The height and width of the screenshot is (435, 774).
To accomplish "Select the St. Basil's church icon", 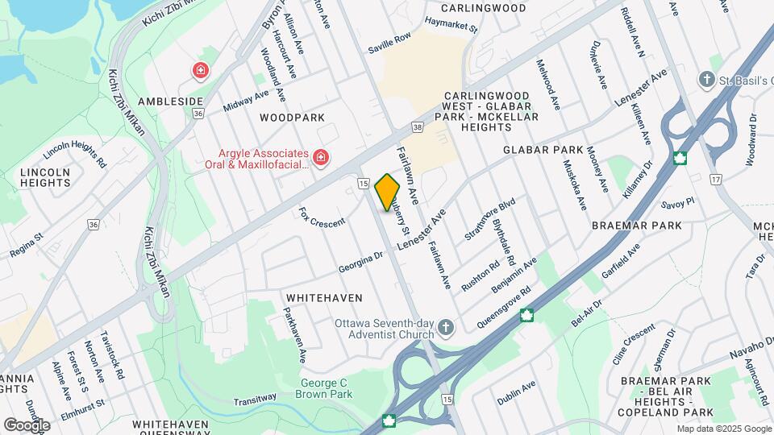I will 707,78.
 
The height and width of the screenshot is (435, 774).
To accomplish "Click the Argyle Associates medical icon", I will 321,156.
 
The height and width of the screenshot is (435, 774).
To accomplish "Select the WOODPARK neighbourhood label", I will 292,118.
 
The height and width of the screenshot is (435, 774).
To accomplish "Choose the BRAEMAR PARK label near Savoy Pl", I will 636,226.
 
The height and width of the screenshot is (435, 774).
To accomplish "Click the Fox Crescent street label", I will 322,217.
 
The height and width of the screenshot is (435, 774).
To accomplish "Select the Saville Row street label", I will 389,43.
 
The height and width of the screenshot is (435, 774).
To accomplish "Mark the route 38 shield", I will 417,127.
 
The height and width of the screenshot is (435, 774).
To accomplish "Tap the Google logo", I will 27,425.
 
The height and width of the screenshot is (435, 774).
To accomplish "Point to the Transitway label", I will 255,398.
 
